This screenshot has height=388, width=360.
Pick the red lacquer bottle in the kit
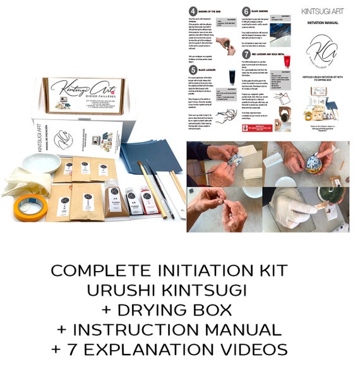point(149,201)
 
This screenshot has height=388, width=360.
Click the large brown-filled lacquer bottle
point(112,197)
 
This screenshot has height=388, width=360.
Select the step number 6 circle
point(246,11)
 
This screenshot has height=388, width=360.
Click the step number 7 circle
point(246,54)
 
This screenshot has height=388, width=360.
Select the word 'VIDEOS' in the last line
point(249,349)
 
